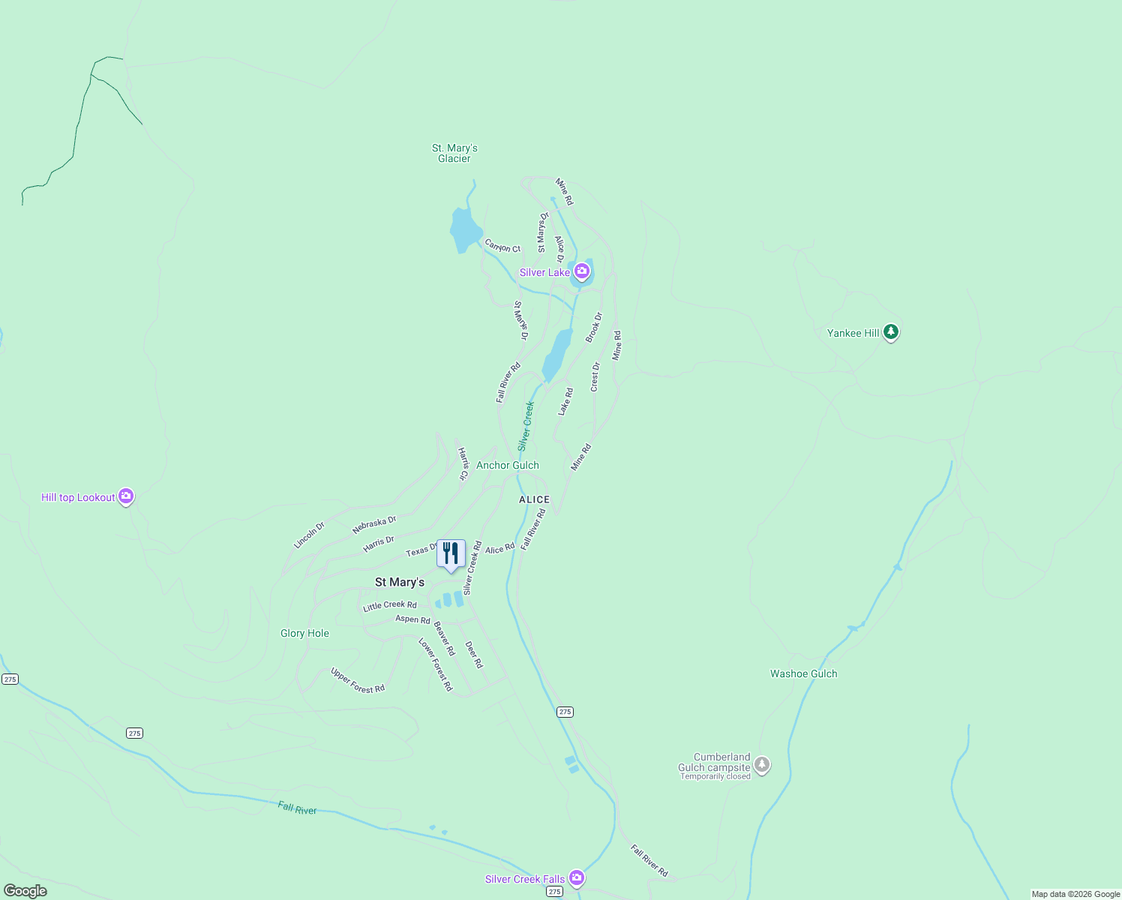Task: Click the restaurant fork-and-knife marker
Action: [x=451, y=554]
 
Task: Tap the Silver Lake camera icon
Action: [x=582, y=271]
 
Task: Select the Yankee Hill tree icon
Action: [x=890, y=331]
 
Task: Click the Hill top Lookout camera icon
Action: [x=126, y=496]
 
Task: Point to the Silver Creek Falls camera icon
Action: [x=576, y=877]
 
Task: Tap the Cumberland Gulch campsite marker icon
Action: [x=762, y=765]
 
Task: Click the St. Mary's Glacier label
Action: [x=454, y=153]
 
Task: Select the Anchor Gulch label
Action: [x=508, y=465]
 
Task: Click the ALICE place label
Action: [x=534, y=499]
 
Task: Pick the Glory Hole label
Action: [x=304, y=633]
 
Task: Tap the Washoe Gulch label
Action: [x=803, y=673]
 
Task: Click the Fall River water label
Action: [x=297, y=808]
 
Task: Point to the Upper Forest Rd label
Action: [x=358, y=680]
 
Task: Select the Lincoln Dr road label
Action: [x=309, y=535]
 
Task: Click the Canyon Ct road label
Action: [x=502, y=246]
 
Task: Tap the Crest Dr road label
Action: [x=595, y=376]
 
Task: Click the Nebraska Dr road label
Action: [x=373, y=525]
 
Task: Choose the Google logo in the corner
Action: [x=25, y=891]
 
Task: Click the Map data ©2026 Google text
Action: [x=1075, y=894]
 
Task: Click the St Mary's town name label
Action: [x=400, y=582]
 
